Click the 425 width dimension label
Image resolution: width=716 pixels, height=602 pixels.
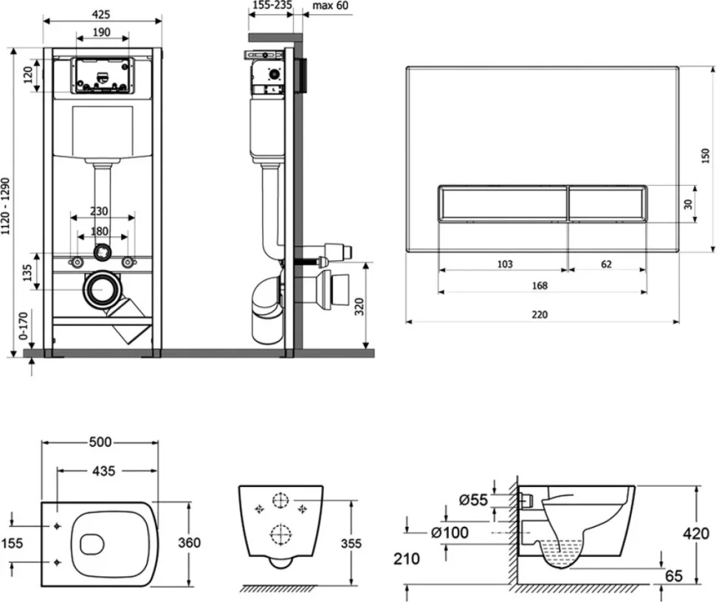101,15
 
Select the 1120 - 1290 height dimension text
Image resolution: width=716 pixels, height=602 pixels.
5,207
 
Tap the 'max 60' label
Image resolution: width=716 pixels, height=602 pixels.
330,5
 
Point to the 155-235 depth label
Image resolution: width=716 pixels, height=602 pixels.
272,5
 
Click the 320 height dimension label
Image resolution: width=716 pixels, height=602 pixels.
359,307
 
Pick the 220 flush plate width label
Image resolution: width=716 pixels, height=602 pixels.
540,314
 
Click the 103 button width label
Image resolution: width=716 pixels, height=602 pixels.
505,264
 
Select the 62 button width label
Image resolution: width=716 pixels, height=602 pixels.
606,264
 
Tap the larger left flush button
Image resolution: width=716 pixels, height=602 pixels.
503,204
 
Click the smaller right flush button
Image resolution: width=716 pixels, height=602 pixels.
607,204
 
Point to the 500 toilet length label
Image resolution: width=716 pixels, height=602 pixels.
100,442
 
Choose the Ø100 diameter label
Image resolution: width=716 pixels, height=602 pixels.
450,532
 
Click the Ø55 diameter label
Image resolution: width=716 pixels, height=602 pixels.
473,500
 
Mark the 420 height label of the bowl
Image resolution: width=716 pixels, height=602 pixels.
696,533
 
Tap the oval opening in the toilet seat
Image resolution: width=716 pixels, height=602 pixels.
92,544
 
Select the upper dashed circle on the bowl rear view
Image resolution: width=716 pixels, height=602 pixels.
280,501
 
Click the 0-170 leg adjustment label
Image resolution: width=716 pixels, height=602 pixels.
24,326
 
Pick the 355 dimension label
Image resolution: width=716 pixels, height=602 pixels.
351,544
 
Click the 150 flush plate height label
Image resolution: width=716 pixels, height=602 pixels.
706,156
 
